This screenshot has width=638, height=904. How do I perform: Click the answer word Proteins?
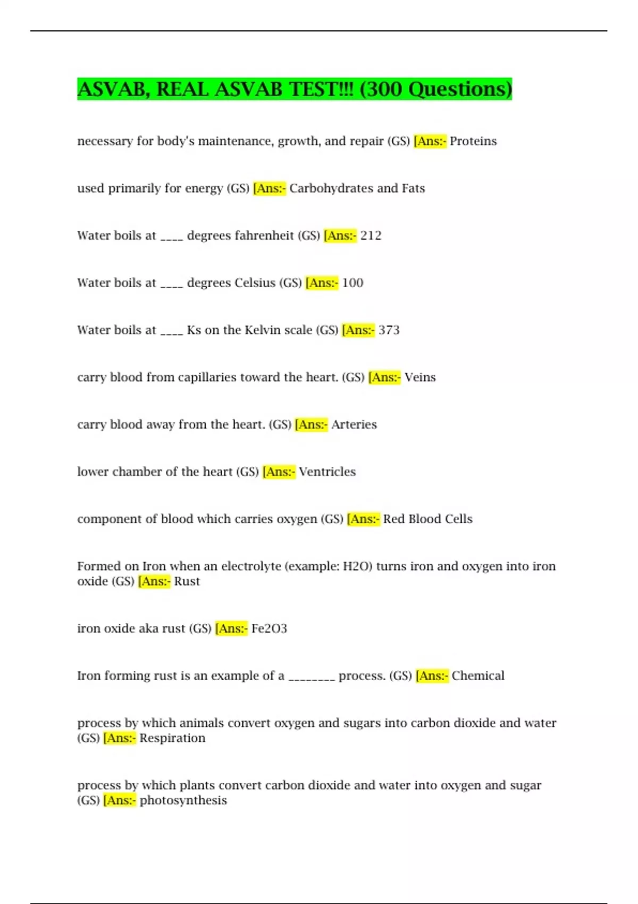click(x=473, y=141)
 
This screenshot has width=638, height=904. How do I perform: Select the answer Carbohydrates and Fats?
click(x=357, y=189)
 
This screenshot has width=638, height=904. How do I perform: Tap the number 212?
click(x=371, y=236)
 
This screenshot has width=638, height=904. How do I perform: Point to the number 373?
click(x=389, y=330)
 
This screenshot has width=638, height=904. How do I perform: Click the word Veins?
click(x=419, y=378)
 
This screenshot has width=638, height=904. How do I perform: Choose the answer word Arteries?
click(x=354, y=425)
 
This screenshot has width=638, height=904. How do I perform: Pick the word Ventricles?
click(x=327, y=472)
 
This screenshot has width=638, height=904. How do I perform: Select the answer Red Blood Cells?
click(x=427, y=519)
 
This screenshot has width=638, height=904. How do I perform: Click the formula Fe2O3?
click(x=269, y=629)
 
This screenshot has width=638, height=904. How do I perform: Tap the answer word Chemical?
click(x=478, y=676)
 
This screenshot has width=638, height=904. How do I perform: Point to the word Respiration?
click(x=172, y=738)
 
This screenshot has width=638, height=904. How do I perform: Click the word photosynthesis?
click(x=183, y=800)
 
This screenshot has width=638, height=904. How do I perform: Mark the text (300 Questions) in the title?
click(x=435, y=89)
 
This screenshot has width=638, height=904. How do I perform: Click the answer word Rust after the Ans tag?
click(x=187, y=581)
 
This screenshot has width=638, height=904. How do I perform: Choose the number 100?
click(x=352, y=283)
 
